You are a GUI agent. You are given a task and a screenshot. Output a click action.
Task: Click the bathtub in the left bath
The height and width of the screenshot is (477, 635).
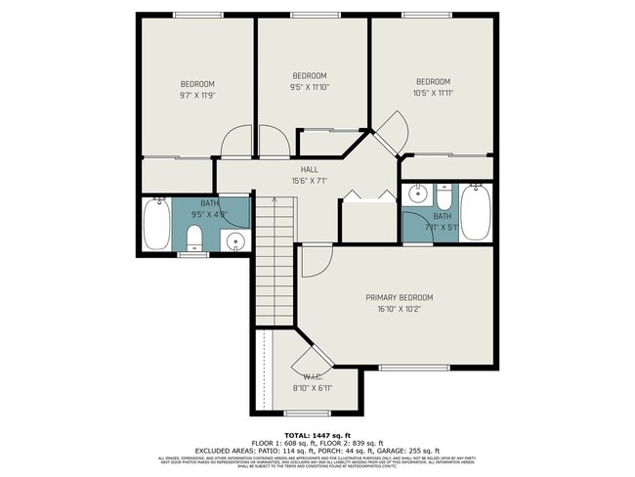pos(156,224)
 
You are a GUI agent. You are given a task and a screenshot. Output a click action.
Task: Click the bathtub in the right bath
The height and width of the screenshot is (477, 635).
pos(476,211)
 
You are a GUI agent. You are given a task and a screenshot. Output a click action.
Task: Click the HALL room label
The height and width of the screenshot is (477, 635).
pos(309,170)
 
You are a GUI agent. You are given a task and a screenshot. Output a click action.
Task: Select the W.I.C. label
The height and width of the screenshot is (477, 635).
pos(313,376)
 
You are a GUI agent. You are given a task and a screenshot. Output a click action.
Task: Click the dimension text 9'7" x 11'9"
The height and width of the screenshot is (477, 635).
pos(196,96)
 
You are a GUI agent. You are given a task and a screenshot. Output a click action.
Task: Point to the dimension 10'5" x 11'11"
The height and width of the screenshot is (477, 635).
pos(433,93)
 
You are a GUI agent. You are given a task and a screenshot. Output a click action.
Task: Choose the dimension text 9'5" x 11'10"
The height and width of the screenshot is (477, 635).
pos(310,87)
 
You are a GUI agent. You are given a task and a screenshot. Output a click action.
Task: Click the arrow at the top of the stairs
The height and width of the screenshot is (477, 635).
pos(275,200)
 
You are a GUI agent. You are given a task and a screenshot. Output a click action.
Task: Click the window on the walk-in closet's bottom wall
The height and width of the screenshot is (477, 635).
pos(278,412)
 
